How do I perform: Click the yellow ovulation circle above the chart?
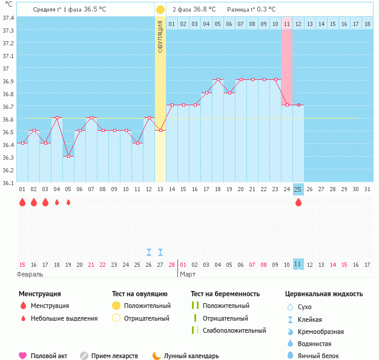(x=160, y=10)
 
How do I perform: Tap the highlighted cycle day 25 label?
(x=298, y=189)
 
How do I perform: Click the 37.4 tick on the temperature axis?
(x=8, y=18)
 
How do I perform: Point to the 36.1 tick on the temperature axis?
(x=8, y=182)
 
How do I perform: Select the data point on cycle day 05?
(x=68, y=157)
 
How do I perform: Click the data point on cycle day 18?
(x=217, y=79)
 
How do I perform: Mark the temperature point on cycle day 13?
(x=160, y=130)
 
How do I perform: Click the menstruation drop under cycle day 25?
(x=298, y=202)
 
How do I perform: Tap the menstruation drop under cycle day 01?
(x=22, y=202)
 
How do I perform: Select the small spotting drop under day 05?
(x=68, y=202)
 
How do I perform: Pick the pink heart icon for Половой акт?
(x=23, y=356)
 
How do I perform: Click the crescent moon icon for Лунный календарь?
(x=157, y=356)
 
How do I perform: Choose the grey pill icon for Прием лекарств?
(x=84, y=356)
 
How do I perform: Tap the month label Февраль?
(x=30, y=274)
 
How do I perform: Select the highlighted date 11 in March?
(x=297, y=264)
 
